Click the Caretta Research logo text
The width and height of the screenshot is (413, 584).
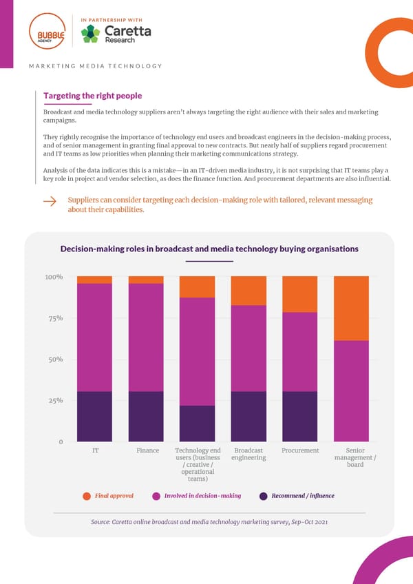point(127,35)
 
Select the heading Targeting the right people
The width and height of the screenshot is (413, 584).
point(92,96)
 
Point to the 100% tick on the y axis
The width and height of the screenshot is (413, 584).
point(54,278)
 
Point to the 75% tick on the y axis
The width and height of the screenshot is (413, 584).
point(55,318)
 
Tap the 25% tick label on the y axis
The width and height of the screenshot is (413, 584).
point(55,400)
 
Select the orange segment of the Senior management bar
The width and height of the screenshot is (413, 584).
point(351,308)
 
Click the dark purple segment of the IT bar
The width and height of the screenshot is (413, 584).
point(94,416)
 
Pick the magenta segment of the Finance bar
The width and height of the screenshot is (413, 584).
point(146,337)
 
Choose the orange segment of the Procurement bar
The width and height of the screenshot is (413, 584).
point(299,294)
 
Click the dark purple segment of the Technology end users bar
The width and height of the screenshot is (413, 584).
point(197,424)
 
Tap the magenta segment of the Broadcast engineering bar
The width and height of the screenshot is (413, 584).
point(248,348)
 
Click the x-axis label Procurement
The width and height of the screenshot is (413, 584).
point(300,450)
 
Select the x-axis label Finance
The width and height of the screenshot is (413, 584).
point(147,450)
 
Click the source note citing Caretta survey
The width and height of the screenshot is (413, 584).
point(209,523)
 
